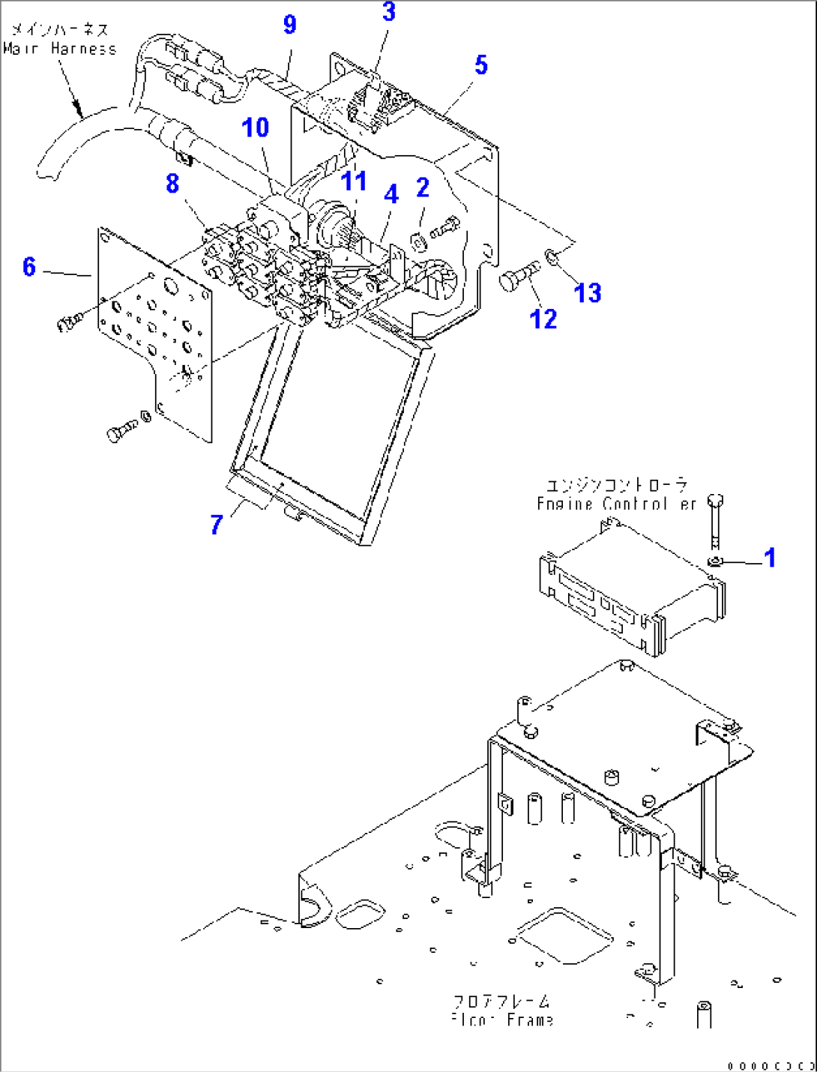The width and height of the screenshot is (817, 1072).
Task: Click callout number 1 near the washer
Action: [x=769, y=558]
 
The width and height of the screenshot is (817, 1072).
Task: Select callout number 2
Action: [x=423, y=187]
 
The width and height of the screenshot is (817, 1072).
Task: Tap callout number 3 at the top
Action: [x=388, y=12]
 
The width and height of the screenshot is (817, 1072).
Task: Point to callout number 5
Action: [x=481, y=65]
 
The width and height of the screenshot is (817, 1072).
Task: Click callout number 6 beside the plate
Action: [x=29, y=266]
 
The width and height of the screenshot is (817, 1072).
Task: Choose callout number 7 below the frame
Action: [x=217, y=524]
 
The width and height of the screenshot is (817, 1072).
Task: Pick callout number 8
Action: [x=173, y=183]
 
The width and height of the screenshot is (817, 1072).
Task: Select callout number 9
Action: [x=290, y=25]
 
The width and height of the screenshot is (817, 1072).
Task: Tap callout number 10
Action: [x=255, y=127]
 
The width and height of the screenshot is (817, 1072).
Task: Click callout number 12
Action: [x=543, y=319]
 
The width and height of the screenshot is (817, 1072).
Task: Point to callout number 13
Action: [x=588, y=292]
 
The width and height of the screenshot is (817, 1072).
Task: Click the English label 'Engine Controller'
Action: [x=616, y=504]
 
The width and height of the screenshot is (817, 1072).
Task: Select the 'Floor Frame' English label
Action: [x=503, y=1020]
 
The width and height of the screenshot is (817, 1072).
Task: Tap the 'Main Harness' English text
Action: [x=60, y=49]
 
